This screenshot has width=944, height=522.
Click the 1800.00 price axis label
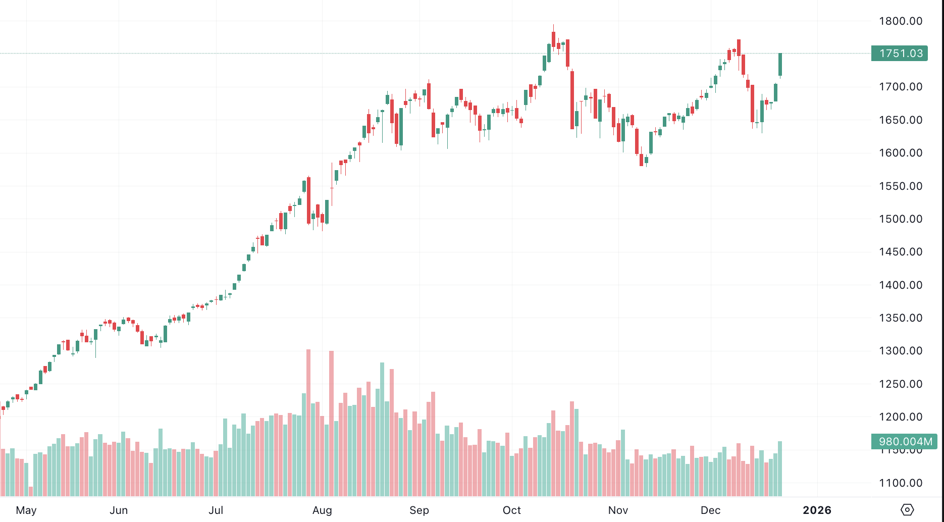point(900,21)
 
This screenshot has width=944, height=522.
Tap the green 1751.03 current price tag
point(900,54)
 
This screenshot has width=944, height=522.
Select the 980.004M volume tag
point(904,442)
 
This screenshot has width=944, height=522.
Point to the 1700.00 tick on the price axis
point(900,87)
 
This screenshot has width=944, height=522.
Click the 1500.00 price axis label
point(900,219)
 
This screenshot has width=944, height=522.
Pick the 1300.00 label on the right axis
point(900,351)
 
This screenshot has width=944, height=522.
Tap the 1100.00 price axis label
point(900,483)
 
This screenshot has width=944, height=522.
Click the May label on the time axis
point(26,510)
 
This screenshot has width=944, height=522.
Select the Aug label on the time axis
point(322,510)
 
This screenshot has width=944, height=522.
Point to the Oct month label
point(511,510)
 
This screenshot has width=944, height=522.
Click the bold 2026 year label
point(817,510)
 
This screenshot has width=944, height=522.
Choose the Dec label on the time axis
point(710,510)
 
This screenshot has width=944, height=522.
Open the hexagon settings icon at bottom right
point(907,510)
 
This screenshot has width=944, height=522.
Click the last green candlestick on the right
point(780,65)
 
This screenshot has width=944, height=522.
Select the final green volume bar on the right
point(780,468)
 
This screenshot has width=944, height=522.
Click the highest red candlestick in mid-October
point(553,39)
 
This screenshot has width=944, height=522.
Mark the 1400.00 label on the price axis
point(900,285)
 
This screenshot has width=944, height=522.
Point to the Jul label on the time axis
point(216,510)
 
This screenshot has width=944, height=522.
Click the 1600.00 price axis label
point(900,153)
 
